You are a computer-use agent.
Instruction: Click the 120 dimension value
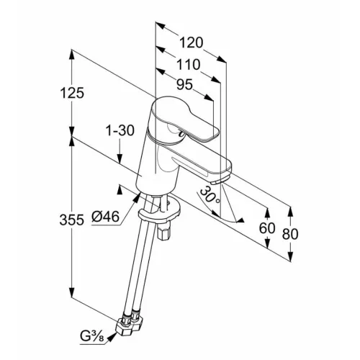coord(192,42)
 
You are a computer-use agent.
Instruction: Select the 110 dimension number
coord(189,65)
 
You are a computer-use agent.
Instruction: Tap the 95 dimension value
coord(184,84)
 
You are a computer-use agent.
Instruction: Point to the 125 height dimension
coord(72,93)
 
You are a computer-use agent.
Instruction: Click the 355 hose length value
coord(72,220)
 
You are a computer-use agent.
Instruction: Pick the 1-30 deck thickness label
coord(120,131)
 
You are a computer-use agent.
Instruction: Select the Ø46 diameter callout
coord(105,217)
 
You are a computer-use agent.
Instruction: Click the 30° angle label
coord(210,194)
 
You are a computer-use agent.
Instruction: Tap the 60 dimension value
coord(267,228)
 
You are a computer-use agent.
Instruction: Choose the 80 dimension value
coord(290,234)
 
